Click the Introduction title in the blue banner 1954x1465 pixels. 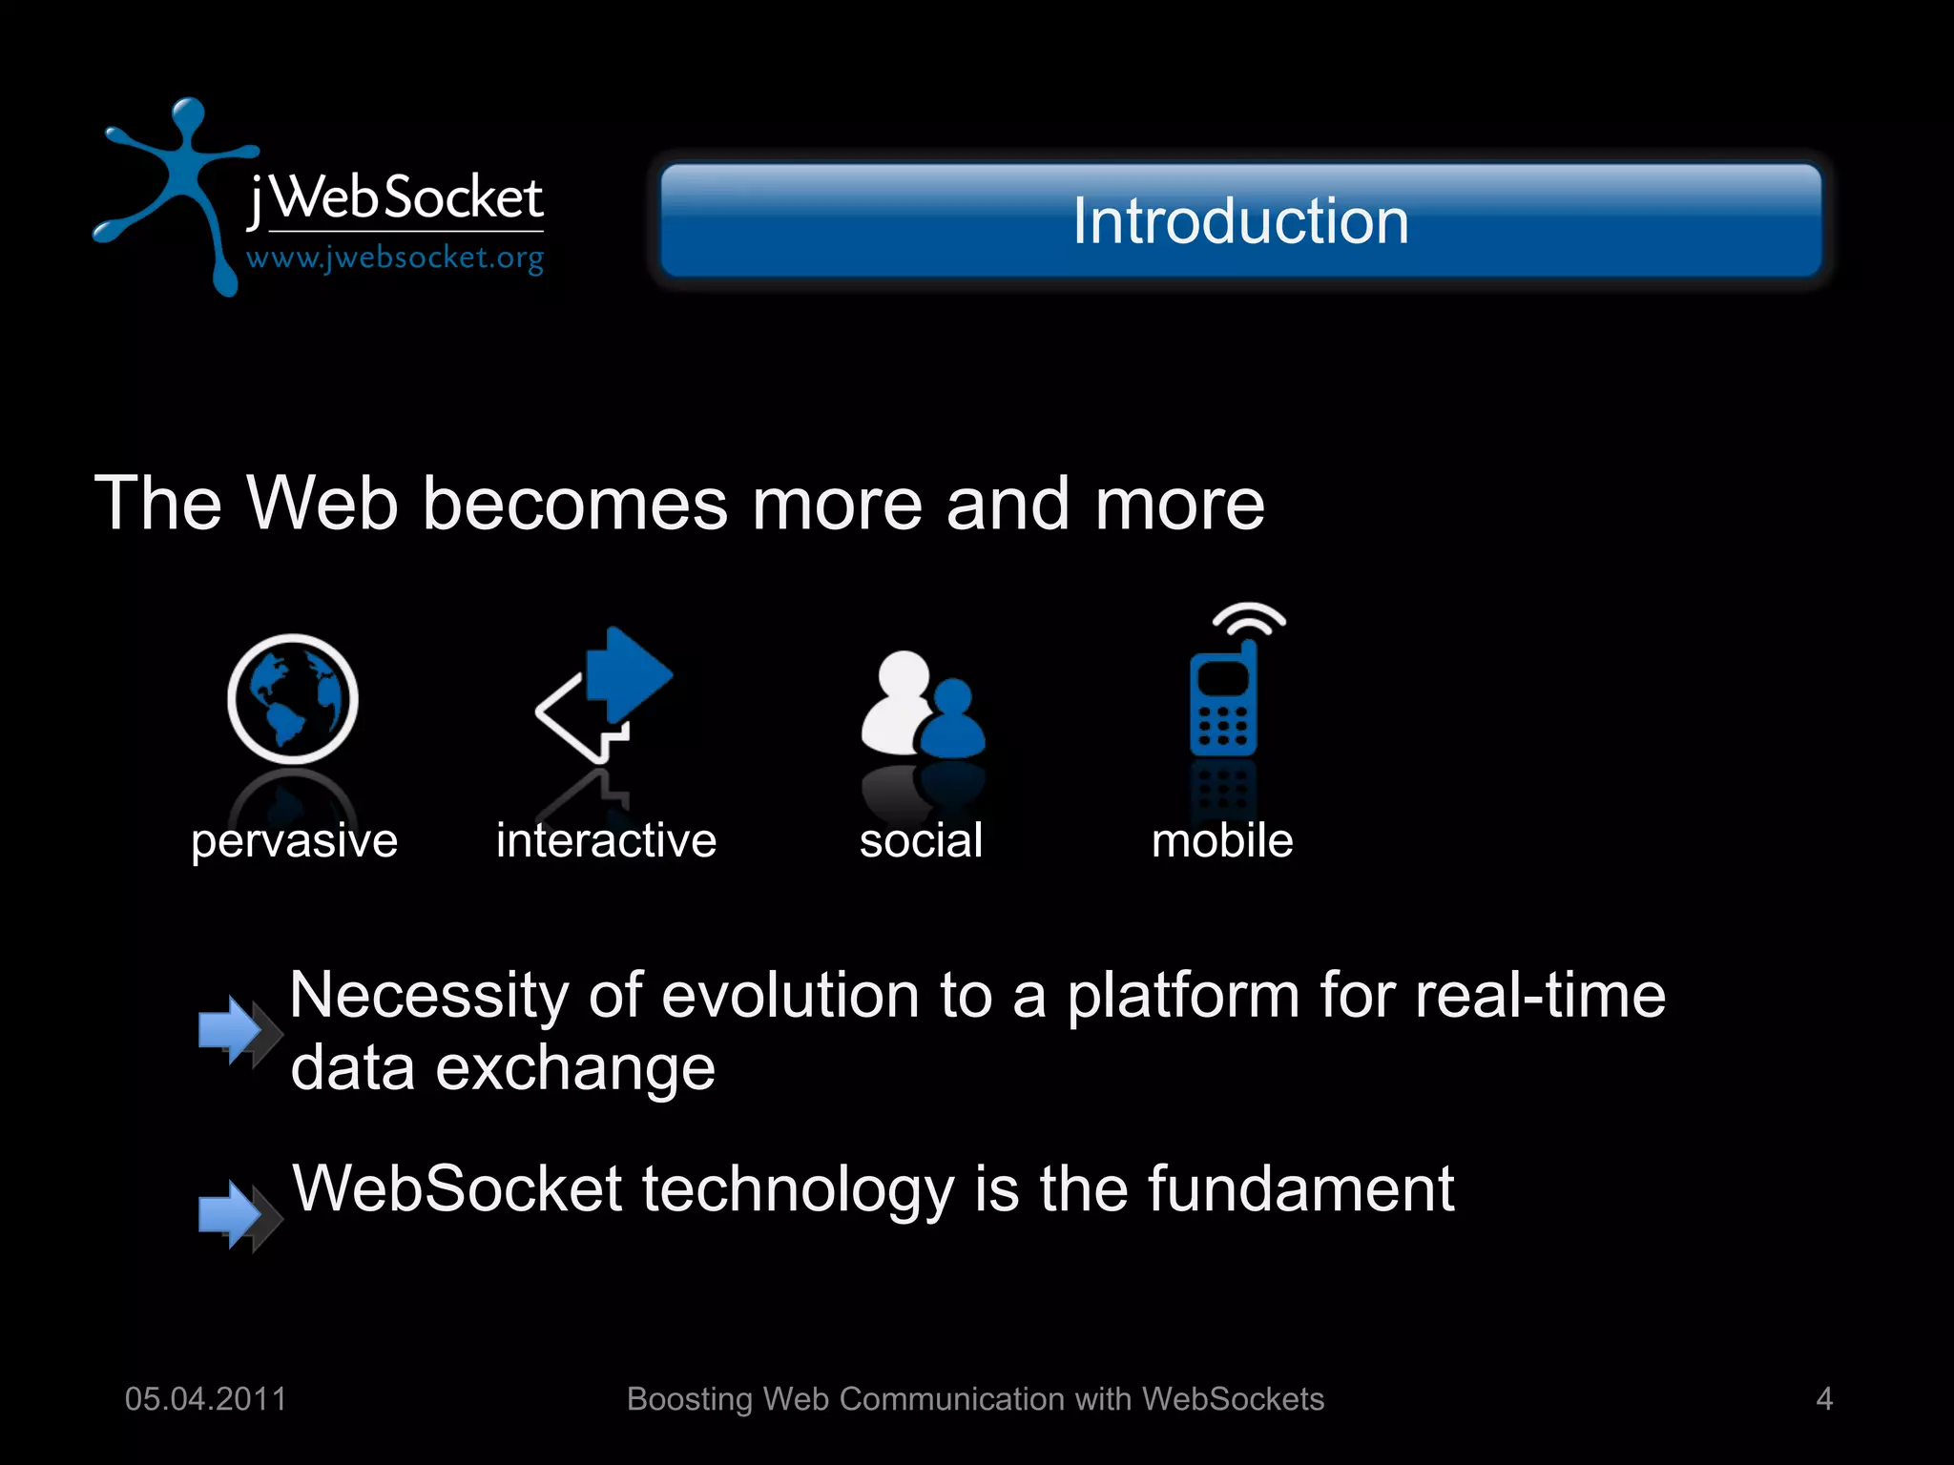1239,221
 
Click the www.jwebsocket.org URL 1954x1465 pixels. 394,258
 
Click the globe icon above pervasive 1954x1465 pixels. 293,699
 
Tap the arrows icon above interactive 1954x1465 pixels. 606,693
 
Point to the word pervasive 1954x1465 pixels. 294,841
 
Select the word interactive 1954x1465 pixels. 606,841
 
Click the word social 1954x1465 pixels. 921,841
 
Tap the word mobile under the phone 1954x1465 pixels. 1222,841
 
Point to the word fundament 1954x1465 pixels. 1300,1189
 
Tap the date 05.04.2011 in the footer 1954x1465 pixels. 206,1399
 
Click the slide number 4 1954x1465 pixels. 1824,1399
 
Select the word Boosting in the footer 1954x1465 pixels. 690,1399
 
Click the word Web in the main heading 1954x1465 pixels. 322,504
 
